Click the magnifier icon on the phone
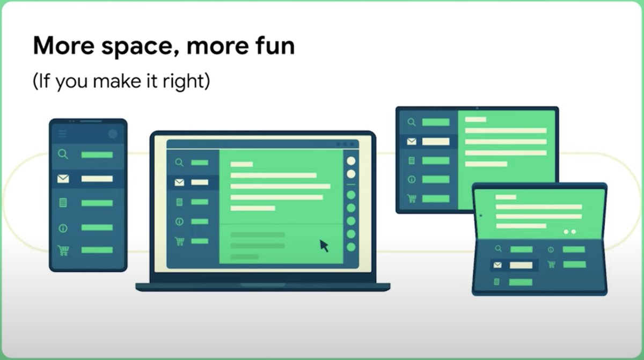click(x=63, y=155)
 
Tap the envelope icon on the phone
click(x=63, y=179)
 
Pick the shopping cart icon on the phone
click(x=63, y=250)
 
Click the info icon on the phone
click(x=63, y=228)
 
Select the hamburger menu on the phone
click(x=63, y=134)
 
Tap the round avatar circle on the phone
click(x=113, y=134)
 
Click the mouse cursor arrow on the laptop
click(x=324, y=246)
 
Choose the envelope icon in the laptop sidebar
click(x=179, y=182)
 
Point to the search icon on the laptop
click(x=179, y=163)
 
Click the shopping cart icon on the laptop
click(x=179, y=241)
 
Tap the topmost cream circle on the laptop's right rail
click(x=351, y=160)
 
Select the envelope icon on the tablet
click(x=412, y=142)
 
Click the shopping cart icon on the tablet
click(x=412, y=199)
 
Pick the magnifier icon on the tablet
click(x=412, y=122)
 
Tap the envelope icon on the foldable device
click(x=497, y=265)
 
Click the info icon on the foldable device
click(x=551, y=249)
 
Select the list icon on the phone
click(x=63, y=203)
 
